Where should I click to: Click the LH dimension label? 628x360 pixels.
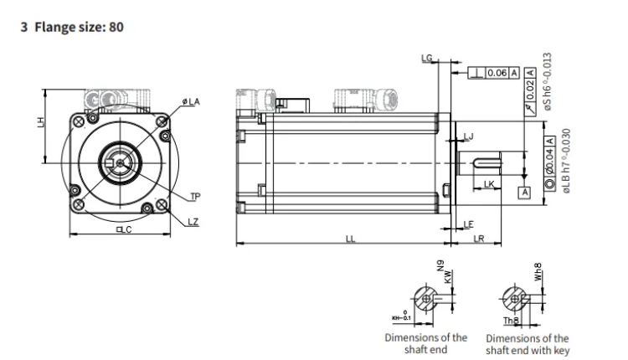coord(39,123)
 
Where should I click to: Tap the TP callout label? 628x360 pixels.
coord(195,198)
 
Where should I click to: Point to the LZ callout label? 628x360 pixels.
coord(193,221)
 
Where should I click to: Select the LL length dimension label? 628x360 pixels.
coord(350,239)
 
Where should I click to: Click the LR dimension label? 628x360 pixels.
coord(479,239)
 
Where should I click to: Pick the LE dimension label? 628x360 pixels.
coord(468,224)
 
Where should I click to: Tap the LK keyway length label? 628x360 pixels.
coord(489,183)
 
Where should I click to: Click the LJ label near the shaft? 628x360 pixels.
coord(469,136)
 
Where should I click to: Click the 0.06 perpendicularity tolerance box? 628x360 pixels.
coord(495,74)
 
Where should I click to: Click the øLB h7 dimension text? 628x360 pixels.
coord(567,162)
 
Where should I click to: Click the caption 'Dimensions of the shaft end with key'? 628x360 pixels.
coord(528,344)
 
